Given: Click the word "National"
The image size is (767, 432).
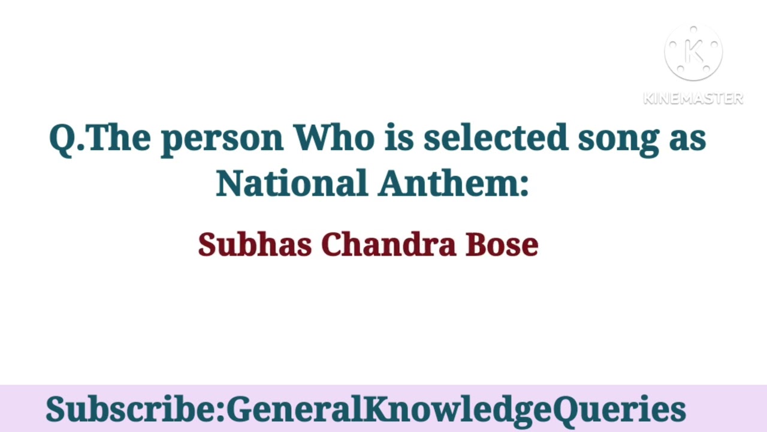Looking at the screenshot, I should [x=291, y=183].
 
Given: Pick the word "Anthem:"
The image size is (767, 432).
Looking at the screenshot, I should [x=453, y=183].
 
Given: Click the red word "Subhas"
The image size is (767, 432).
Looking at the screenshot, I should [x=255, y=245].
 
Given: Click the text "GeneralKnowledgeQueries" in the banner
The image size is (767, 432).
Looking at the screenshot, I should [x=456, y=410].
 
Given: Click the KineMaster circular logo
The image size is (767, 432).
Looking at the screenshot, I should [x=693, y=53].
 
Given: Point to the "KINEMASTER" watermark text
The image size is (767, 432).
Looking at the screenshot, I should [x=693, y=98].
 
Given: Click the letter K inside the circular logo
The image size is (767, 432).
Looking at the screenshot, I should [x=693, y=53].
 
